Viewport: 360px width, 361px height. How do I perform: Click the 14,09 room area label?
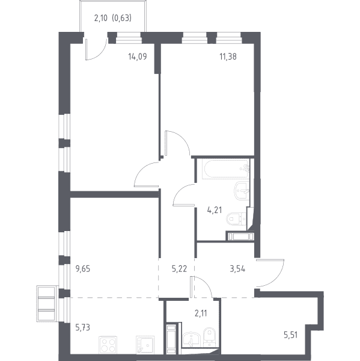click(x=138, y=57)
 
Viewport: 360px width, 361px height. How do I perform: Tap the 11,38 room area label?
click(x=228, y=57)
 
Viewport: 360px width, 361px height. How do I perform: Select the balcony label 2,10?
click(x=101, y=18)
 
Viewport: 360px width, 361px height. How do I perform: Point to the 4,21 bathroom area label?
click(x=215, y=210)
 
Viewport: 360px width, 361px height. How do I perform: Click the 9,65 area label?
click(x=83, y=269)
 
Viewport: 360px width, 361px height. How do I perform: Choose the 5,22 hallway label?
click(x=179, y=269)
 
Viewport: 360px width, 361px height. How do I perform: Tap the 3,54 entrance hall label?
click(x=237, y=269)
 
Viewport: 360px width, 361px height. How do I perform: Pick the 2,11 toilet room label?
click(x=201, y=313)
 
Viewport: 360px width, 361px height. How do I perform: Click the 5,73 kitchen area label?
click(x=83, y=327)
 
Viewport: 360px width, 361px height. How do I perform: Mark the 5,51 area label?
click(x=291, y=335)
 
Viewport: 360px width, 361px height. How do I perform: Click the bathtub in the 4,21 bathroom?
click(x=225, y=169)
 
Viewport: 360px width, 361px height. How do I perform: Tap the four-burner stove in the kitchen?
click(x=108, y=345)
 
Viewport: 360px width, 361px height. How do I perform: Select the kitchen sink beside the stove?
click(x=145, y=345)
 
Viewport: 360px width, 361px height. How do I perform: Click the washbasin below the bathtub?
click(x=242, y=191)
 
